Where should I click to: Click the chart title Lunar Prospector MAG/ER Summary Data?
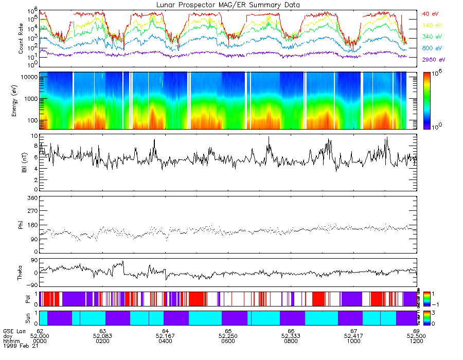click(227, 5)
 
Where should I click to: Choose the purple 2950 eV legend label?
click(432, 60)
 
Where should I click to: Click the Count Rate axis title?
click(21, 39)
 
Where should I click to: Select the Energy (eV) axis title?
click(21, 100)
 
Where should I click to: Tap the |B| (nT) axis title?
click(21, 163)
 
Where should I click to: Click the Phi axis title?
click(21, 225)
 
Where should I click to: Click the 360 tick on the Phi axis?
click(32, 198)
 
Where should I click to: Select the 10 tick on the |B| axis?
click(34, 136)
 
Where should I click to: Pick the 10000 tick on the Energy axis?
click(29, 77)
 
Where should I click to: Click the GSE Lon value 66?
click(291, 331)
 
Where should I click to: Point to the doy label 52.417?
click(353, 336)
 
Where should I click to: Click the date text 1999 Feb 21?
click(18, 347)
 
